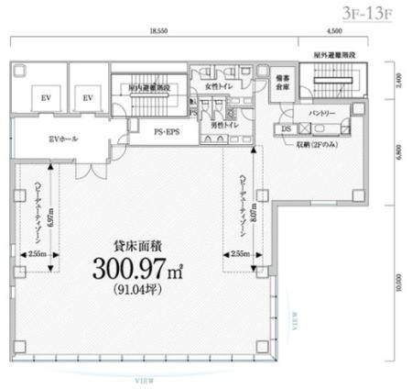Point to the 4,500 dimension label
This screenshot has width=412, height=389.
334,31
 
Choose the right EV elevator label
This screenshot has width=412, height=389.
89,97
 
